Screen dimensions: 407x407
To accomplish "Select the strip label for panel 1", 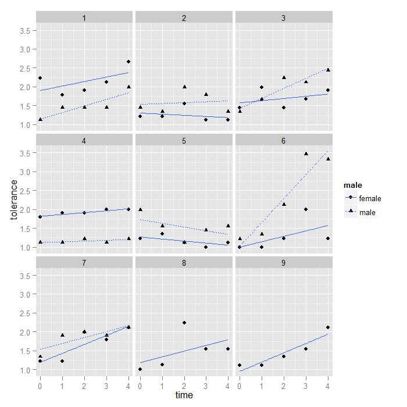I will coord(84,18).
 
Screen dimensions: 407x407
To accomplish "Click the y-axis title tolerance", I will coord(14,200).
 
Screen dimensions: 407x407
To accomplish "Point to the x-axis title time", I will coord(184,395).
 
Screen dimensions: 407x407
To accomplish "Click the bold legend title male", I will coord(351,185).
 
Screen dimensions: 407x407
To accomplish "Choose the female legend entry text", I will coord(370,199).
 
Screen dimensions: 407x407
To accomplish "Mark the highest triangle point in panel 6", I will coord(306,153).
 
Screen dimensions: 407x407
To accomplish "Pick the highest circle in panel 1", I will coord(128,62).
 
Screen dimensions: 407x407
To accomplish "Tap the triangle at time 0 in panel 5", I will coord(140,209).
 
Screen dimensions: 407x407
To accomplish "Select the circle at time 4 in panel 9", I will coord(328,327).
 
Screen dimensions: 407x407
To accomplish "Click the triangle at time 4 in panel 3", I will coord(328,70).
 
